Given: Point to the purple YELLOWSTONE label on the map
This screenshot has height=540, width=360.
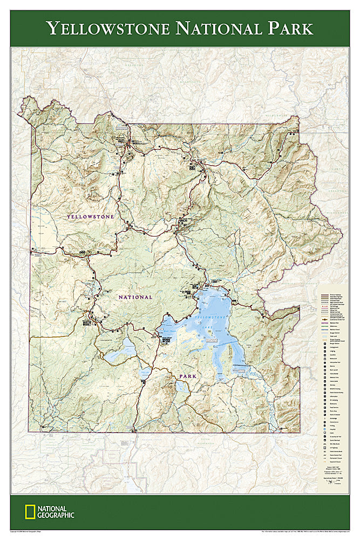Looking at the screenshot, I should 90,217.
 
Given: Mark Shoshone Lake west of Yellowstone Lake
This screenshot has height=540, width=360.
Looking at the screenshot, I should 121,351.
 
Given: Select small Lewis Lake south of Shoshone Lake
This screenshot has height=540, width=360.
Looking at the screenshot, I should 145,373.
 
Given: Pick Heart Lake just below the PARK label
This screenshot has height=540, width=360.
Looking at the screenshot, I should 182,387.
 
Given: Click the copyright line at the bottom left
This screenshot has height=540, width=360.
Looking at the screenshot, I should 32,531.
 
